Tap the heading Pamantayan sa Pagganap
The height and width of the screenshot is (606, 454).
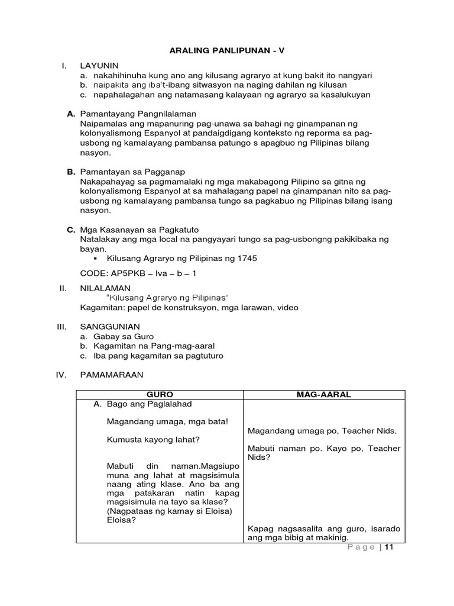click(130, 171)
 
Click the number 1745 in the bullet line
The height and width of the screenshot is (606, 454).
click(247, 259)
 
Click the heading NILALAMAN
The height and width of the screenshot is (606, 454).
click(103, 288)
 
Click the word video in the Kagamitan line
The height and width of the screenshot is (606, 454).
click(287, 307)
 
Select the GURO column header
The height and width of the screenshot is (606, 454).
click(160, 395)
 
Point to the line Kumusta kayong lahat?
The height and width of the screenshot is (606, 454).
click(153, 440)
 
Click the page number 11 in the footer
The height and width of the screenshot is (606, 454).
click(388, 547)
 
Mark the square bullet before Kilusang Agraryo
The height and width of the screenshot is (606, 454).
click(95, 259)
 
